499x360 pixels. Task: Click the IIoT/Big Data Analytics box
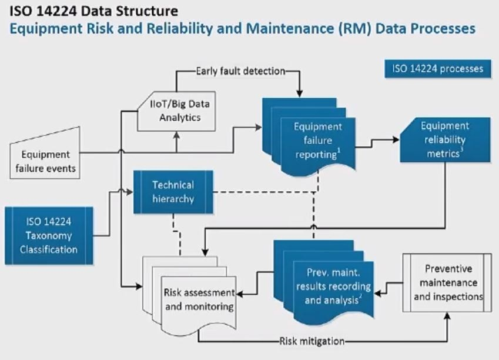[x=176, y=111]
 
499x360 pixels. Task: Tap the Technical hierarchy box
[x=173, y=192]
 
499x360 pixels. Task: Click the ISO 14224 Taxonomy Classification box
[x=49, y=235]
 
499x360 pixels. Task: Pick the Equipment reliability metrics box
[x=445, y=140]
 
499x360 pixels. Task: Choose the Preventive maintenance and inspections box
[x=447, y=282]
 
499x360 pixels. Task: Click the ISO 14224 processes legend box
[x=437, y=69]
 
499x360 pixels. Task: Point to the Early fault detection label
[x=240, y=71]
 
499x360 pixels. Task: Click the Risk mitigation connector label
[x=312, y=341]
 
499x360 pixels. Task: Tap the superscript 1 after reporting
[x=339, y=150]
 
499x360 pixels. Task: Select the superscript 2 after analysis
[x=360, y=296]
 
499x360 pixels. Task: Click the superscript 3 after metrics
[x=461, y=149]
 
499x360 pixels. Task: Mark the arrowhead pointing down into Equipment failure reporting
[x=299, y=94]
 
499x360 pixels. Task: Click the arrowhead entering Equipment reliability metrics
[x=396, y=139]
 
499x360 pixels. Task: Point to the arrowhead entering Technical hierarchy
[x=130, y=192]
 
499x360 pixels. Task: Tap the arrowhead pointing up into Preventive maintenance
[x=447, y=316]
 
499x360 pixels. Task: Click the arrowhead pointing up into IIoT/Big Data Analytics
[x=177, y=135]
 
